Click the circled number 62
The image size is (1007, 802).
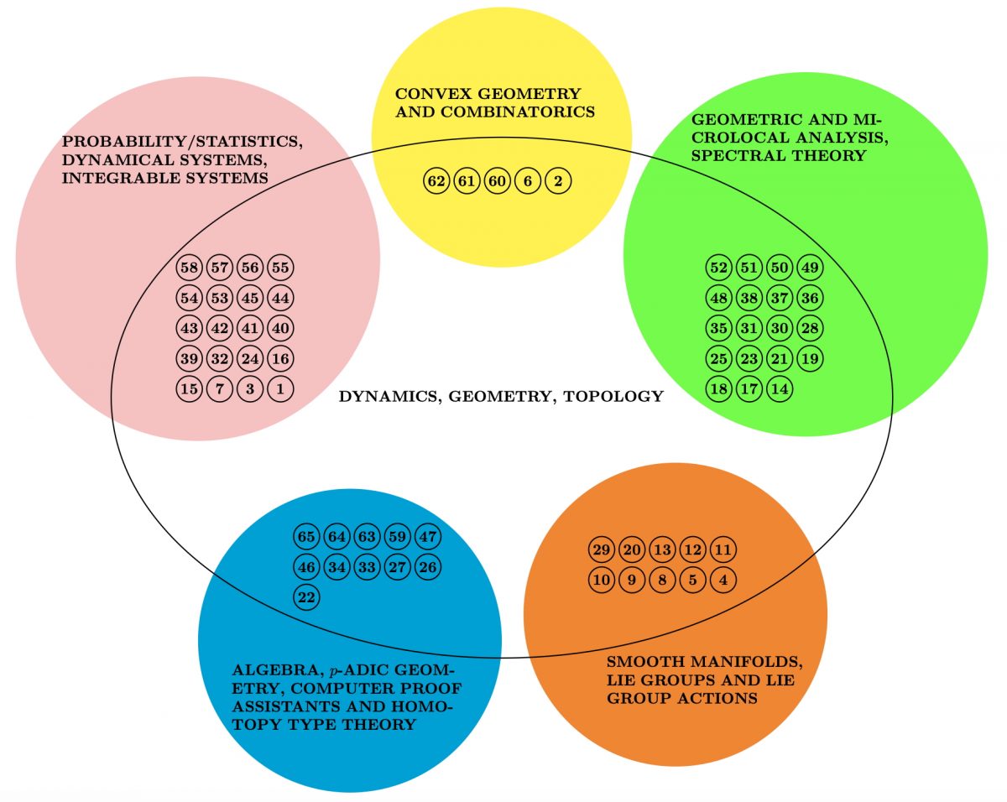pos(436,180)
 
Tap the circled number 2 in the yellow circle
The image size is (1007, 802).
pos(558,180)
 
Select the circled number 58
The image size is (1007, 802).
pos(189,268)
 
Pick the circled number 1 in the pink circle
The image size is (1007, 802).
pos(280,388)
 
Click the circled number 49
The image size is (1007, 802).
pos(810,268)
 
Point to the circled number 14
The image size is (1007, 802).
pos(780,388)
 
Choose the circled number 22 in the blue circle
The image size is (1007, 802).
pos(306,597)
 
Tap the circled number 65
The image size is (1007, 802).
pos(306,536)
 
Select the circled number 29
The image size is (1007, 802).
pos(602,549)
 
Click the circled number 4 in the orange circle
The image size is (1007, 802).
pos(723,581)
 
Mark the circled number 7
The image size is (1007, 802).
pos(220,388)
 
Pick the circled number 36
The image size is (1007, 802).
pos(810,298)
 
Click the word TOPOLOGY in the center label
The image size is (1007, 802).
pos(613,396)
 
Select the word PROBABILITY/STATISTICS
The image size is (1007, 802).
pos(182,141)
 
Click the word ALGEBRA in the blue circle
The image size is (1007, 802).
pos(275,670)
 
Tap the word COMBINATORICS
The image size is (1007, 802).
pos(518,112)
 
